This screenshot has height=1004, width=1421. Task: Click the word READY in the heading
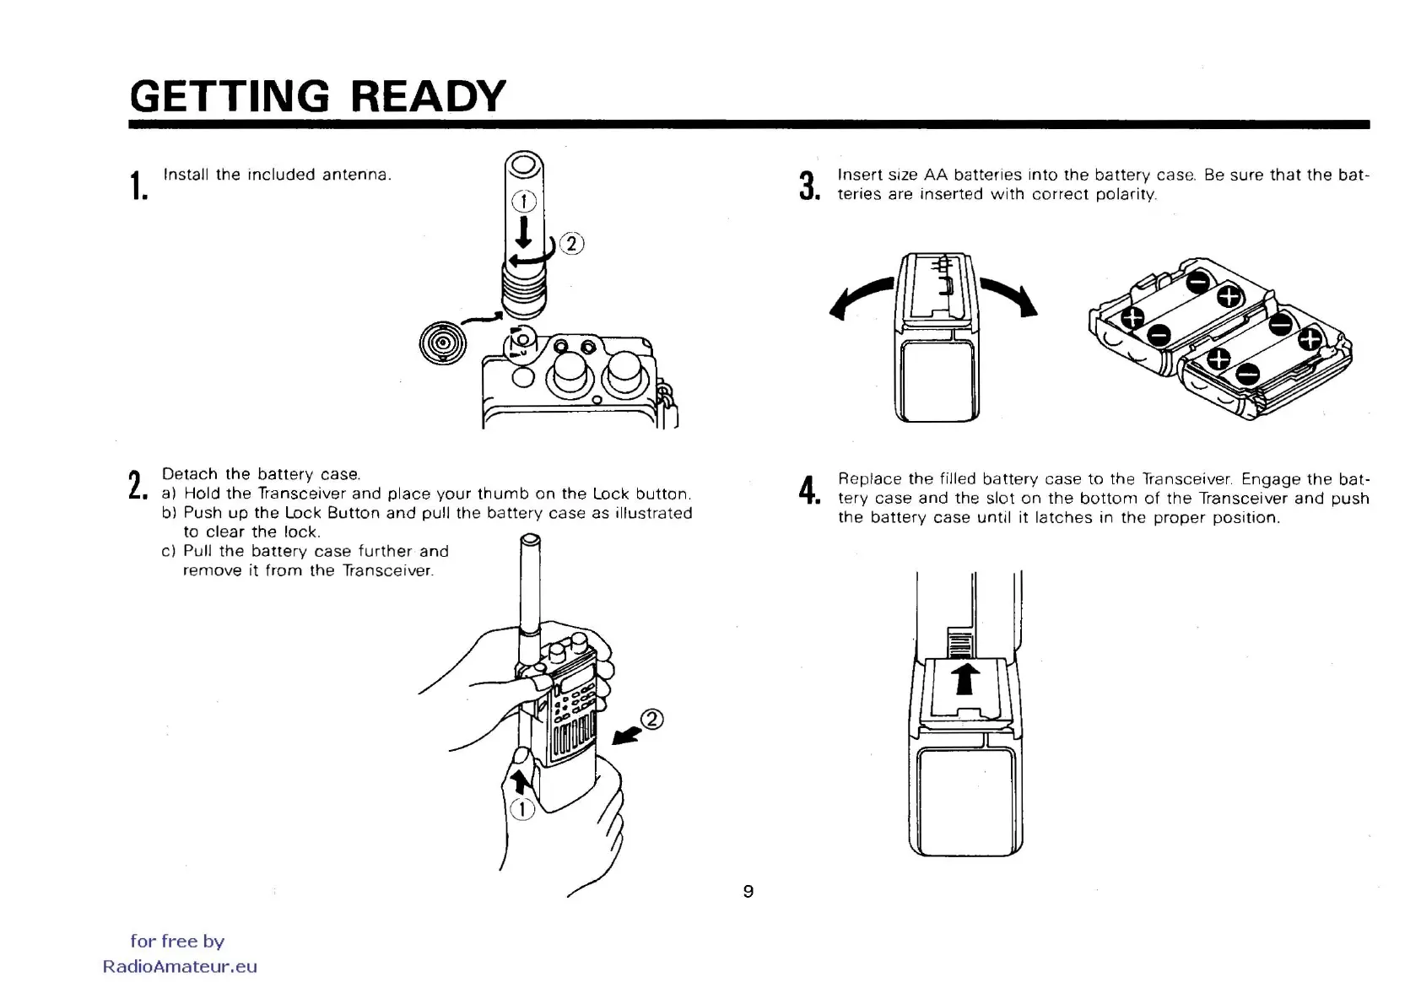click(x=428, y=96)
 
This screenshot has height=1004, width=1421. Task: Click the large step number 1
click(x=138, y=186)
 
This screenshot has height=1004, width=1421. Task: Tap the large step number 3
click(x=809, y=186)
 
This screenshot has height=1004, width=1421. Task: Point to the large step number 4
click(x=809, y=490)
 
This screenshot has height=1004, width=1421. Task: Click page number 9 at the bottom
click(x=748, y=891)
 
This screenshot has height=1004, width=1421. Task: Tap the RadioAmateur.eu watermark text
click(x=180, y=967)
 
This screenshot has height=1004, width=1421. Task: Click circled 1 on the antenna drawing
click(x=524, y=201)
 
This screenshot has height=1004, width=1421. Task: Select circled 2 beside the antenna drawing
click(x=572, y=244)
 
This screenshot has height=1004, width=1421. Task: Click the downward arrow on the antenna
click(x=524, y=231)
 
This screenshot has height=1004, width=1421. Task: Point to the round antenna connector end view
click(x=442, y=343)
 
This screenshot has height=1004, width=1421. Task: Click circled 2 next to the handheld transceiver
click(x=652, y=720)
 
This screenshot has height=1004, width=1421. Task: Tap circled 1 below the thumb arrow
click(x=522, y=809)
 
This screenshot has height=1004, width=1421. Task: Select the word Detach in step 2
click(x=191, y=474)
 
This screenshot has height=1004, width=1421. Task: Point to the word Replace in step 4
click(x=870, y=479)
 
